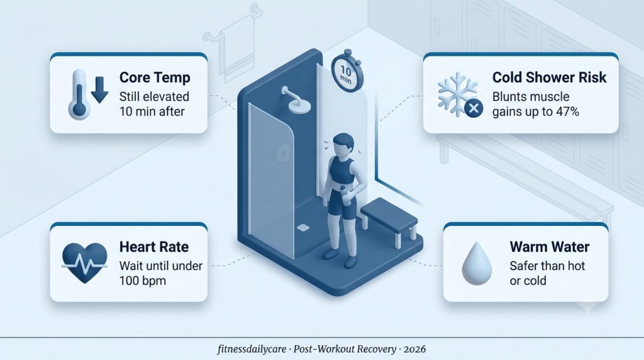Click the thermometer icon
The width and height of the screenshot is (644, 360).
pyautogui.click(x=79, y=95)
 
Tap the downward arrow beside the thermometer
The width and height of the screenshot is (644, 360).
pyautogui.click(x=99, y=89)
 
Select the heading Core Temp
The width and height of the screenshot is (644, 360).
pyautogui.click(x=155, y=77)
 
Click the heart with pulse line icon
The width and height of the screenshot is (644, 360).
pyautogui.click(x=85, y=262)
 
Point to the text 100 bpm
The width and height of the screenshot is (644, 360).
pyautogui.click(x=143, y=281)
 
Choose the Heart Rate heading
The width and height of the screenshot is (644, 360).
pyautogui.click(x=154, y=247)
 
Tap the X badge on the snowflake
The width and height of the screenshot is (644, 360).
pyautogui.click(x=474, y=108)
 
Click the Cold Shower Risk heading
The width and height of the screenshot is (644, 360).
pyautogui.click(x=550, y=77)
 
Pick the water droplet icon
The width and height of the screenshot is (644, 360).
pyautogui.click(x=477, y=264)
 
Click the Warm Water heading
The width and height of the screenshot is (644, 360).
pyautogui.click(x=550, y=247)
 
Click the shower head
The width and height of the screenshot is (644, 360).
pyautogui.click(x=297, y=101)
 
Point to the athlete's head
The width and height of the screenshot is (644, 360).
pyautogui.click(x=343, y=145)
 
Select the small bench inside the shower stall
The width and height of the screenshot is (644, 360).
pyautogui.click(x=389, y=221)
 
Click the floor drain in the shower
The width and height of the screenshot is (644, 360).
pyautogui.click(x=303, y=228)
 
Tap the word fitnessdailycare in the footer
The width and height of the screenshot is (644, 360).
pyautogui.click(x=252, y=349)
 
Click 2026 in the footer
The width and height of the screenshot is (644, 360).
pyautogui.click(x=414, y=349)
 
